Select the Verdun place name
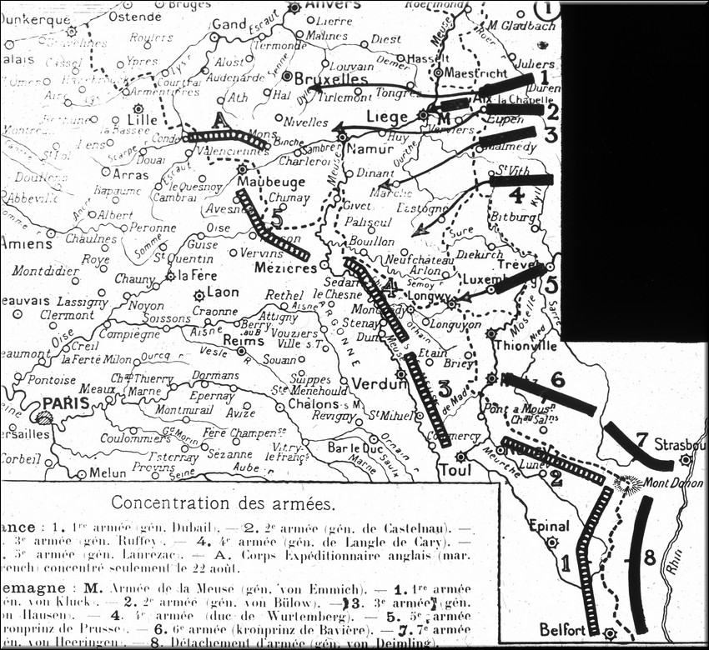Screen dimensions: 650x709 (x=379, y=384)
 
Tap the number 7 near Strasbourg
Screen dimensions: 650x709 (x=642, y=439)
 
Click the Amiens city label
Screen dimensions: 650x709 (x=25, y=245)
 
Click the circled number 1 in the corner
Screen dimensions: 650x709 (x=549, y=10)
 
